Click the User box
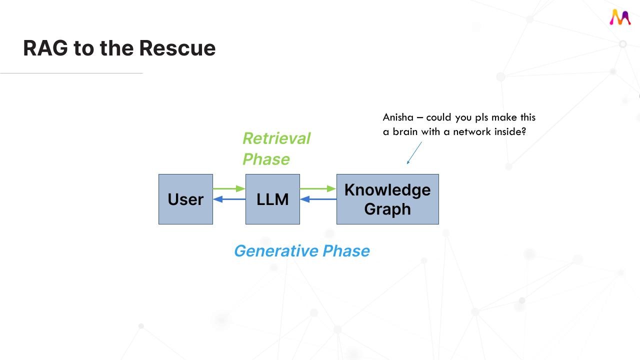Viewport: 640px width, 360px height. coord(185,199)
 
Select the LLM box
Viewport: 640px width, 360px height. coord(272,199)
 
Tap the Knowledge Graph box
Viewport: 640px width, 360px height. coord(387,199)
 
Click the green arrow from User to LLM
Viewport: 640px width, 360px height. coord(229,188)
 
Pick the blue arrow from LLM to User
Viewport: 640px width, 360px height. coord(229,199)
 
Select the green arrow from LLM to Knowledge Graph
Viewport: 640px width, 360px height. coord(318,188)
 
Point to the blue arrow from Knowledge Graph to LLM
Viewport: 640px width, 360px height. coord(318,199)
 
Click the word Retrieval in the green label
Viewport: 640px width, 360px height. coord(276,138)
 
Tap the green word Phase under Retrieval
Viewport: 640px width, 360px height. coord(266,159)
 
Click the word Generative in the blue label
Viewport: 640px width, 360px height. coord(276,250)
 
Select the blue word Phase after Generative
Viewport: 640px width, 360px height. coord(346,250)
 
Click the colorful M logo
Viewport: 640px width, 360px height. coord(620,17)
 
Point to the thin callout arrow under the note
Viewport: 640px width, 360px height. coord(414,152)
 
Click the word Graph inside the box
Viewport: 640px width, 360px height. coord(387,209)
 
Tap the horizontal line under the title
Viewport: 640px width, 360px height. coord(71,73)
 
